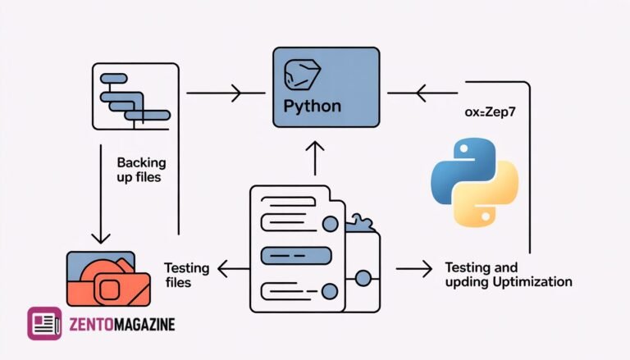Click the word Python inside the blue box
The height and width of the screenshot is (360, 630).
click(x=312, y=107)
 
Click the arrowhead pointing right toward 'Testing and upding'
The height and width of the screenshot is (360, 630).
click(x=425, y=268)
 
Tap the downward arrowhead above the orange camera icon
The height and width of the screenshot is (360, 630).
click(x=101, y=238)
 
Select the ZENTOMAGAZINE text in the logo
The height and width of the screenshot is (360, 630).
click(x=121, y=325)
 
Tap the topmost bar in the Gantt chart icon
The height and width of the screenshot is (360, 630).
click(x=112, y=80)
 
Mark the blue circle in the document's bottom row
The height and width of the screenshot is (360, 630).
click(x=331, y=290)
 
